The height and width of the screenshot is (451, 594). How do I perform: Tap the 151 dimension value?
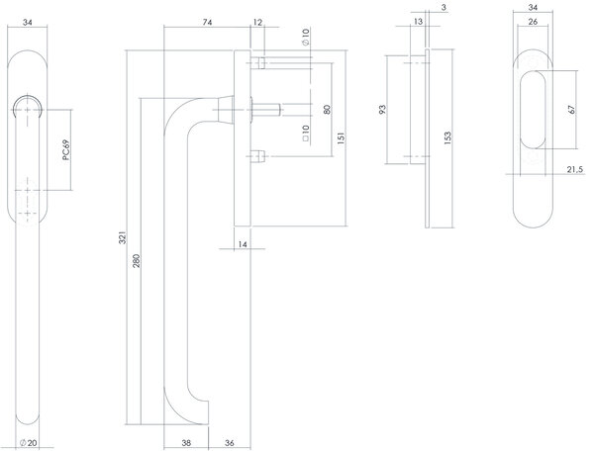click(x=341, y=138)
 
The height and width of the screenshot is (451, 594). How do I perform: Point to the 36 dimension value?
click(x=229, y=441)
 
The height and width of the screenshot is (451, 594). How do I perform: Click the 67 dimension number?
click(x=572, y=110)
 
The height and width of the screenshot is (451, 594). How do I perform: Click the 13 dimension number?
click(x=416, y=22)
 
